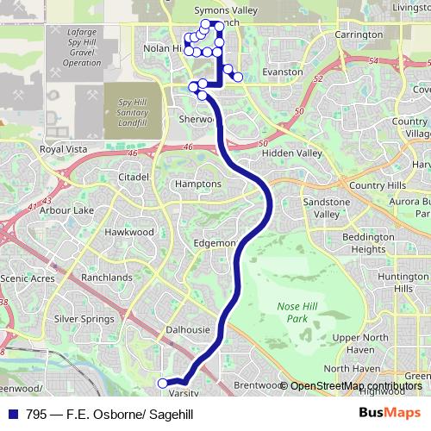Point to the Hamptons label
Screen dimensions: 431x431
click(x=197, y=184)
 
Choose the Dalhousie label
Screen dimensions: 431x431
click(x=187, y=329)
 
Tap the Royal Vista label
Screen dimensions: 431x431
click(x=64, y=149)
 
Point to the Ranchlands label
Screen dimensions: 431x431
click(x=107, y=278)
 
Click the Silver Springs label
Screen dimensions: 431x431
click(x=84, y=318)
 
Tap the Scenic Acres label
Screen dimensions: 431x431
click(x=27, y=278)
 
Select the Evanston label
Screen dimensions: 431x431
click(x=283, y=72)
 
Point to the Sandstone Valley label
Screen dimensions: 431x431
click(x=327, y=208)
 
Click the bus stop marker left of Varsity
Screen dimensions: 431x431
click(x=162, y=383)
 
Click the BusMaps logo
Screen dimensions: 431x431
click(x=390, y=414)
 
